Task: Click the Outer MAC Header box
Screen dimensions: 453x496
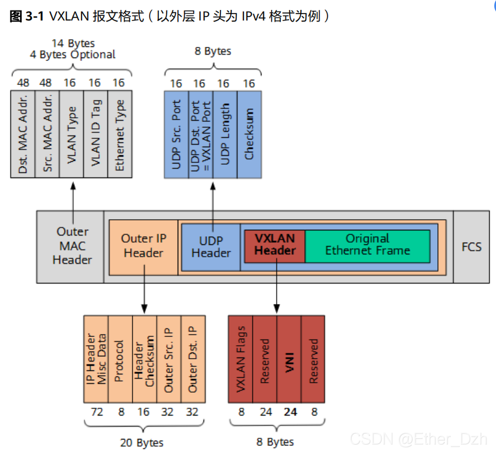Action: point(73,246)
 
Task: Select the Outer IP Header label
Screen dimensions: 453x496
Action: point(144,246)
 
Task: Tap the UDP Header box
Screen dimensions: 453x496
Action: point(211,247)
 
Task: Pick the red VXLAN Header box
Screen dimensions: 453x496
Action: point(274,245)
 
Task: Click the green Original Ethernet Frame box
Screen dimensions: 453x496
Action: point(368,245)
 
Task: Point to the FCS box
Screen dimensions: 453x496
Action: point(471,246)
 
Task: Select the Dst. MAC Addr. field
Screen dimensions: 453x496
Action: point(23,134)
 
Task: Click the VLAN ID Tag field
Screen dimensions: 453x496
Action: point(96,134)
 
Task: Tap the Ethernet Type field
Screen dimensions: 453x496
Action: point(120,134)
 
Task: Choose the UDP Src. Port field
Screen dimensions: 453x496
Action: point(176,134)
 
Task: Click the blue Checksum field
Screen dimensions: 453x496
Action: point(249,134)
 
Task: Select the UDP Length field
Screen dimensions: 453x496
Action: point(225,134)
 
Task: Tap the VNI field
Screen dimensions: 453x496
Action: point(289,359)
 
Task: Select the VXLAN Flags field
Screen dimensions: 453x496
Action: point(240,359)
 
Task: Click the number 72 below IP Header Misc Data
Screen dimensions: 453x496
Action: point(97,412)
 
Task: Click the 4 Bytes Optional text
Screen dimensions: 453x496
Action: point(73,55)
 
